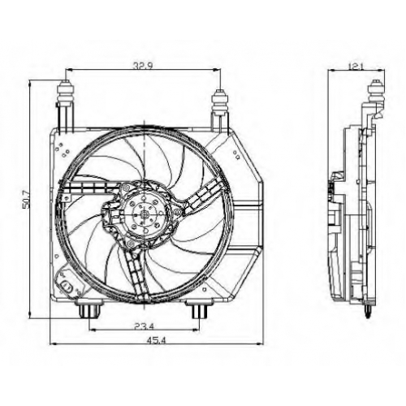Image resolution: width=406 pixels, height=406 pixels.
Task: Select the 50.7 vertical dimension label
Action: (26, 201)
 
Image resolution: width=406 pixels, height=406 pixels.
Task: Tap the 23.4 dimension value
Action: (144, 326)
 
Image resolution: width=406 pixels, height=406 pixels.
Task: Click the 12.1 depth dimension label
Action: (355, 66)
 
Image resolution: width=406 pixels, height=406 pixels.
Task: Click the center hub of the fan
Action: (145, 214)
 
